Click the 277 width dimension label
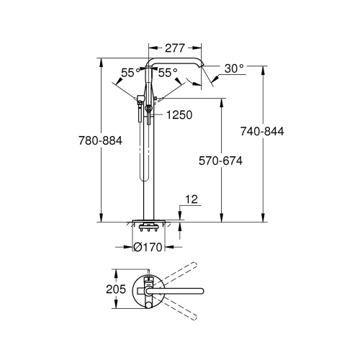pos(173,48)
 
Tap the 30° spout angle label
pos(233,68)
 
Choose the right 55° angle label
pos(167,73)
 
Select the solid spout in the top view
pos(187,290)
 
